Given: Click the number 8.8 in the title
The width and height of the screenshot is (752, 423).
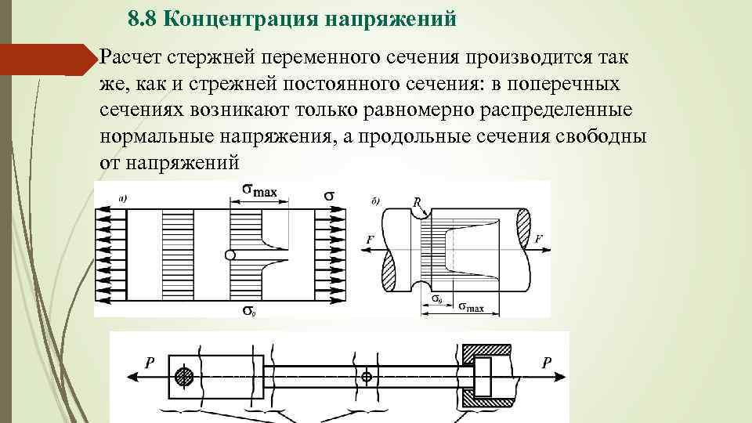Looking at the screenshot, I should (144, 19).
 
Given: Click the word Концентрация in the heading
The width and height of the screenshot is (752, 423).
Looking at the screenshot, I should (239, 19).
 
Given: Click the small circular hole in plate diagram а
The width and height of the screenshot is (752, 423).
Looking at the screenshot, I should (229, 255).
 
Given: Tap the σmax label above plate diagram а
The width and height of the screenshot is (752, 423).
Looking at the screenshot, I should (258, 190).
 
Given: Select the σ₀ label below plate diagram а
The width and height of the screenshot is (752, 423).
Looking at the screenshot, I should (248, 312).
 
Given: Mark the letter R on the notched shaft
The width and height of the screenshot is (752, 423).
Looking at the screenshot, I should (417, 201).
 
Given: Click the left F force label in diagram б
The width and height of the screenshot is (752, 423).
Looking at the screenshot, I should (369, 239).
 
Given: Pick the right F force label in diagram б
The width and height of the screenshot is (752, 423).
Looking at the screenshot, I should (538, 239).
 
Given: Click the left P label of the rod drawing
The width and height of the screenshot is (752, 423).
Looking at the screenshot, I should (149, 362).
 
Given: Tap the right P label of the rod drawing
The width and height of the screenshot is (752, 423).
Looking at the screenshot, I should (547, 362).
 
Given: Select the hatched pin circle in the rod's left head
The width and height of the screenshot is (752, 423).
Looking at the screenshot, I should (185, 376).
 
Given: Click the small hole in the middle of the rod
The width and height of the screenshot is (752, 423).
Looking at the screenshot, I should (366, 377).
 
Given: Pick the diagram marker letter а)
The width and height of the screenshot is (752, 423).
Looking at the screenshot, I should (123, 199).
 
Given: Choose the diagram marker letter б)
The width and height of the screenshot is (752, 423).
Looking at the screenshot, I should (375, 201).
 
